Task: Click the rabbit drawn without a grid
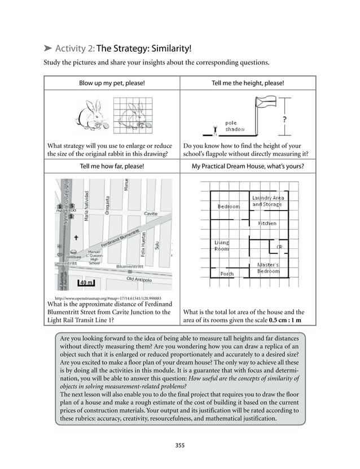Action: pyautogui.click(x=90, y=115)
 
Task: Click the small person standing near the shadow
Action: pyautogui.click(x=214, y=132)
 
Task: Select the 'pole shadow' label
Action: pyautogui.click(x=235, y=126)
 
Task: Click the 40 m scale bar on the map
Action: pyautogui.click(x=85, y=282)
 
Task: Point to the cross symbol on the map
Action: pyautogui.click(x=76, y=238)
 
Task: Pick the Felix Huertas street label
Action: pyautogui.click(x=144, y=245)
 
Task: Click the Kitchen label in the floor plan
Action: pyautogui.click(x=267, y=223)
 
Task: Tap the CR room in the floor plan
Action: pyautogui.click(x=279, y=247)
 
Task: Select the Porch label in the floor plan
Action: pyautogui.click(x=226, y=274)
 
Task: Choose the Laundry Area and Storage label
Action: pyautogui.click(x=267, y=201)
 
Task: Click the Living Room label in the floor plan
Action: pyautogui.click(x=221, y=246)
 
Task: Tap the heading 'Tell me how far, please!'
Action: pyautogui.click(x=112, y=166)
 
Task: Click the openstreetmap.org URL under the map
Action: pyautogui.click(x=108, y=298)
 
